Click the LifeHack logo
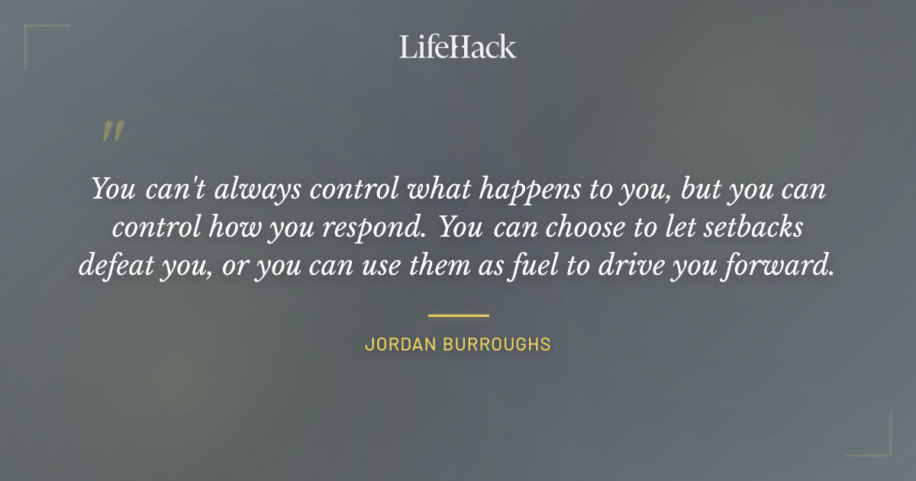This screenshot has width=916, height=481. coord(458,47)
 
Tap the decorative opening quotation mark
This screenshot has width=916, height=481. coord(113,131)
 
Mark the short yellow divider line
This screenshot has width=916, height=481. coord(458,315)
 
